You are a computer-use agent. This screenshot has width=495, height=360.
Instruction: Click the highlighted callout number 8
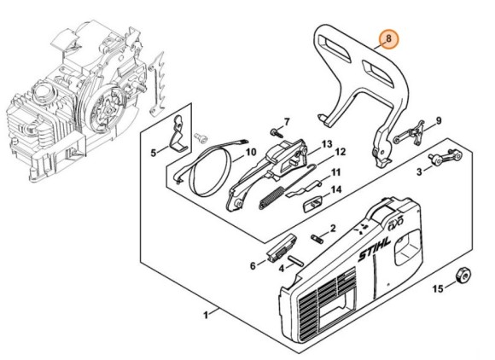pos(388,38)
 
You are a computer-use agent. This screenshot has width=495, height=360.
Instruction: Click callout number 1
pos(206,315)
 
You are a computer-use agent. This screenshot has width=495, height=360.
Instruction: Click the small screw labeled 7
pos(277,132)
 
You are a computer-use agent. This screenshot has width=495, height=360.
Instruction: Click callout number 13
pos(327,144)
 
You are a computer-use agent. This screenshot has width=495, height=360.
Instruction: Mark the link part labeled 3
pos(445,157)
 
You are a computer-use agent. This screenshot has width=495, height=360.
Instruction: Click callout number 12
pos(340,152)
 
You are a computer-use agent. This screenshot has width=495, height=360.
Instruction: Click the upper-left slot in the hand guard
pos(334,48)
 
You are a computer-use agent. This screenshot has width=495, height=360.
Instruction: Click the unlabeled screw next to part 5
pos(201,137)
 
